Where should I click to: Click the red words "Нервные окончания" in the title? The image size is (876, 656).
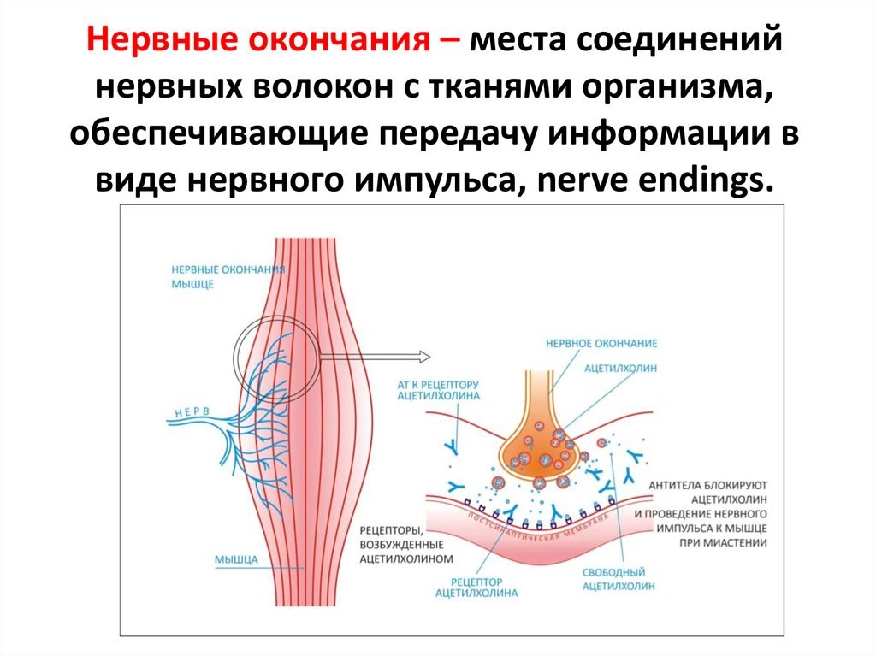pyautogui.click(x=257, y=42)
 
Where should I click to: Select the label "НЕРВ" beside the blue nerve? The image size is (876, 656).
pyautogui.click(x=192, y=412)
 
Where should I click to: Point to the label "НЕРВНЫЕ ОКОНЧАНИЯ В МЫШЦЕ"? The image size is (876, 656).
pyautogui.click(x=228, y=276)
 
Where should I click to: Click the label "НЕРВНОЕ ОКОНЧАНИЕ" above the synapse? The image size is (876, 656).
pyautogui.click(x=601, y=343)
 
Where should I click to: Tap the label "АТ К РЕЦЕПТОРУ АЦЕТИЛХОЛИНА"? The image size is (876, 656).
pyautogui.click(x=439, y=390)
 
